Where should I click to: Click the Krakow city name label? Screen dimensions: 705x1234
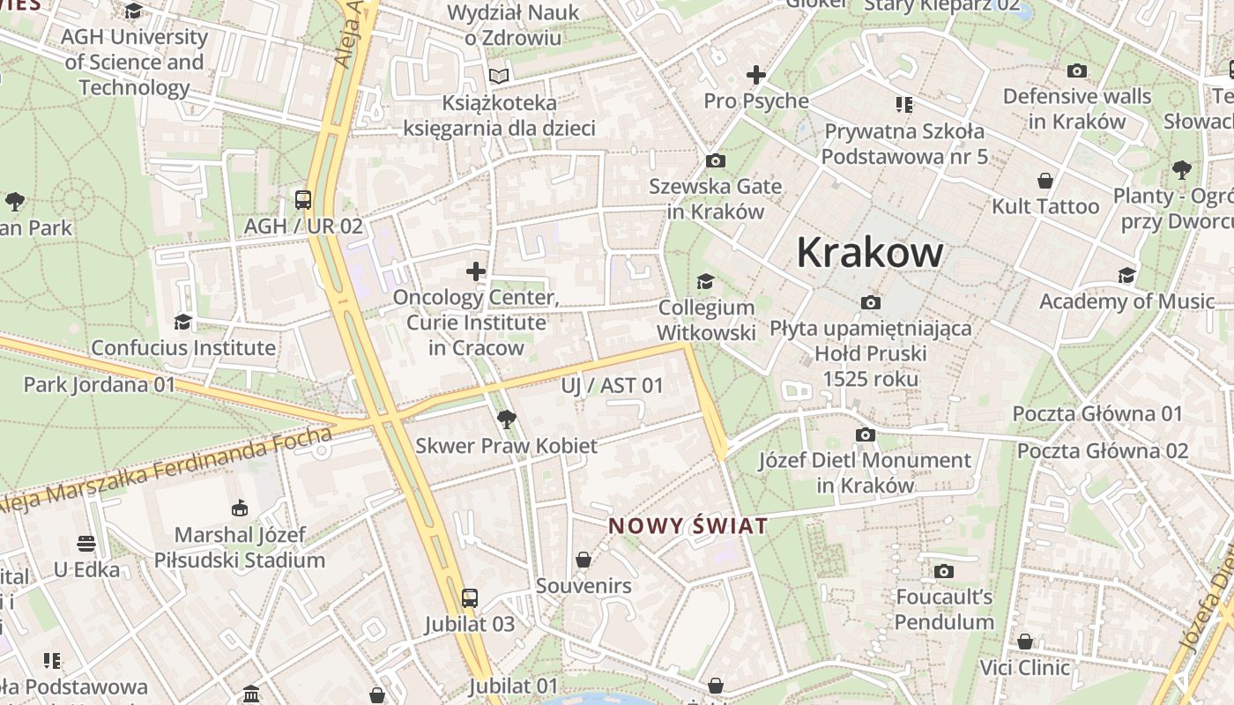pyautogui.click(x=870, y=253)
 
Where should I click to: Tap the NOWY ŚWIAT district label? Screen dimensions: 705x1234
pyautogui.click(x=688, y=526)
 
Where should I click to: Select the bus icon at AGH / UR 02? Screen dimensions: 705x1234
pyautogui.click(x=303, y=200)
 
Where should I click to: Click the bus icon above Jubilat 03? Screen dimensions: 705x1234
pyautogui.click(x=469, y=598)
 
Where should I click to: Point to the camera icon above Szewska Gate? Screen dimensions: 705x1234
pyautogui.click(x=715, y=160)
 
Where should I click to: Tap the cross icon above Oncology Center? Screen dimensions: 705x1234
pyautogui.click(x=476, y=271)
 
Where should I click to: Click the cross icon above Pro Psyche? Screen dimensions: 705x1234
pyautogui.click(x=755, y=76)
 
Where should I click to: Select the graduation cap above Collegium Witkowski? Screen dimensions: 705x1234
pyautogui.click(x=705, y=282)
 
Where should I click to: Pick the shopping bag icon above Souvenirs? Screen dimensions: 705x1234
pyautogui.click(x=583, y=560)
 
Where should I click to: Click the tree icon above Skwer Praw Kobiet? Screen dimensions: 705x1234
pyautogui.click(x=506, y=419)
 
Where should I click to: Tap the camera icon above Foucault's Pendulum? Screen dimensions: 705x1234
pyautogui.click(x=944, y=571)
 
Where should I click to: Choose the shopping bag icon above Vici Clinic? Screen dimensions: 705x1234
pyautogui.click(x=1024, y=642)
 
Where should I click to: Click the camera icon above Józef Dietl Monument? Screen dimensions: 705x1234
pyautogui.click(x=865, y=434)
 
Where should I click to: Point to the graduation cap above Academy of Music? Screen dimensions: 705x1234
pyautogui.click(x=1126, y=276)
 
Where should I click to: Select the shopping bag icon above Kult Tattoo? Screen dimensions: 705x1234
pyautogui.click(x=1045, y=181)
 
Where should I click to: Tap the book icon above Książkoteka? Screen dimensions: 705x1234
pyautogui.click(x=499, y=77)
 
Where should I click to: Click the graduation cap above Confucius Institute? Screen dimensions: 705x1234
pyautogui.click(x=183, y=322)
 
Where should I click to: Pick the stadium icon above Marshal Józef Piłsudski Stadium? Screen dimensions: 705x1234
pyautogui.click(x=239, y=508)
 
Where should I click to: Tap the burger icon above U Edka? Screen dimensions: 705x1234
pyautogui.click(x=86, y=543)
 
